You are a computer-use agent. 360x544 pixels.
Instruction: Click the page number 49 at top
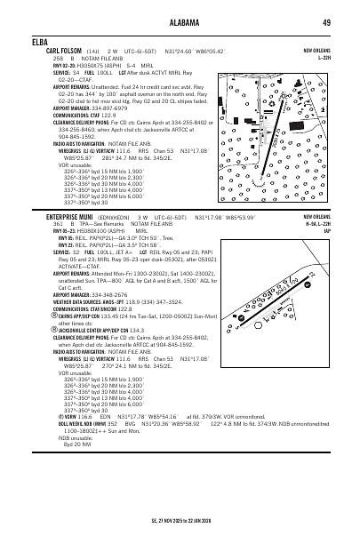[326, 21]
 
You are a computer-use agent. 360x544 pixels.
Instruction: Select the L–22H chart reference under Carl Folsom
[324, 58]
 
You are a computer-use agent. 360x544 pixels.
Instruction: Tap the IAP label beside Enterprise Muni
[326, 230]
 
